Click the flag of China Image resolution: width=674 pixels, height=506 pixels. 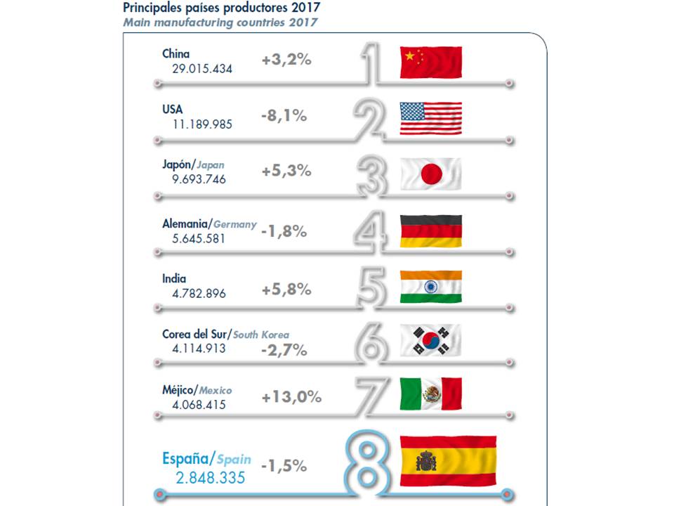pos(430,63)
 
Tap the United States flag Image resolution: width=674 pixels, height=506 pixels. pos(430,118)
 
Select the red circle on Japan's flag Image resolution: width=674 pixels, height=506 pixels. pos(431,173)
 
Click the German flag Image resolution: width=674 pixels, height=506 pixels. pos(430,231)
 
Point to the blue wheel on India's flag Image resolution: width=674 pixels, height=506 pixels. pos(431,287)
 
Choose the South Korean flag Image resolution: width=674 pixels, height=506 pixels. pos(430,340)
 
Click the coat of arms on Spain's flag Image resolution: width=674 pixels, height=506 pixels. pos(427,461)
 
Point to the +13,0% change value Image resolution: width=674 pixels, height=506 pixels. pos(291,397)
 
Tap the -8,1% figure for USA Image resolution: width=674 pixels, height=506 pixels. pos(284,116)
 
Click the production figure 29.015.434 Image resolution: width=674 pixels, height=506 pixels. pos(202,69)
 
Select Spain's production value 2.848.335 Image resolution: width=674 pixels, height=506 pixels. pos(210,478)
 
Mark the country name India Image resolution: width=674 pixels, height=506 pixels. pos(175,278)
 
